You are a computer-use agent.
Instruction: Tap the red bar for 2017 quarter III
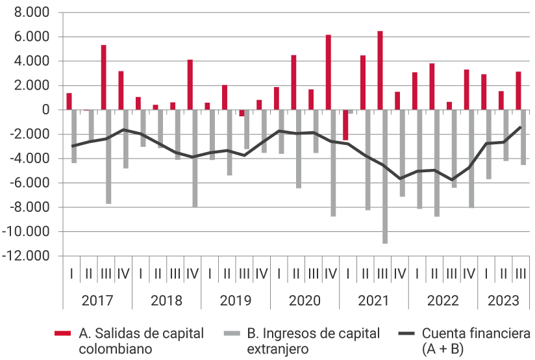click(103, 77)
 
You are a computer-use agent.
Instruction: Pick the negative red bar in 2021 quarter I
click(345, 125)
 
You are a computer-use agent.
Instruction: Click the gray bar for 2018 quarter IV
click(195, 159)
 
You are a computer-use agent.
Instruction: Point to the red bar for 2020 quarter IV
click(328, 72)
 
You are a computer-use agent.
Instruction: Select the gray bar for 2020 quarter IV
click(333, 163)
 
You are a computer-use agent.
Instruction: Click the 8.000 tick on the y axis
click(31, 13)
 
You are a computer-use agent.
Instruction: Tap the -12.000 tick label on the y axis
click(27, 257)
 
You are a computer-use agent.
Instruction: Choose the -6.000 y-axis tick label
click(29, 183)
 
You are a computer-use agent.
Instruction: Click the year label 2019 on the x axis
click(235, 301)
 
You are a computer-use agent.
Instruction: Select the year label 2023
click(503, 301)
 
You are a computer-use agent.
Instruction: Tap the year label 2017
click(97, 301)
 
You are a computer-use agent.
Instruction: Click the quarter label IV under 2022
click(468, 275)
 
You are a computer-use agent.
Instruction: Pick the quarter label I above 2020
click(278, 275)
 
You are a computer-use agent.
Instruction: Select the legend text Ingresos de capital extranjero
click(313, 341)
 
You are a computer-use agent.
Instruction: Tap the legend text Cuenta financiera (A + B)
click(475, 341)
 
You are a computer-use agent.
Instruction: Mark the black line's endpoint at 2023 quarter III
click(520, 127)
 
